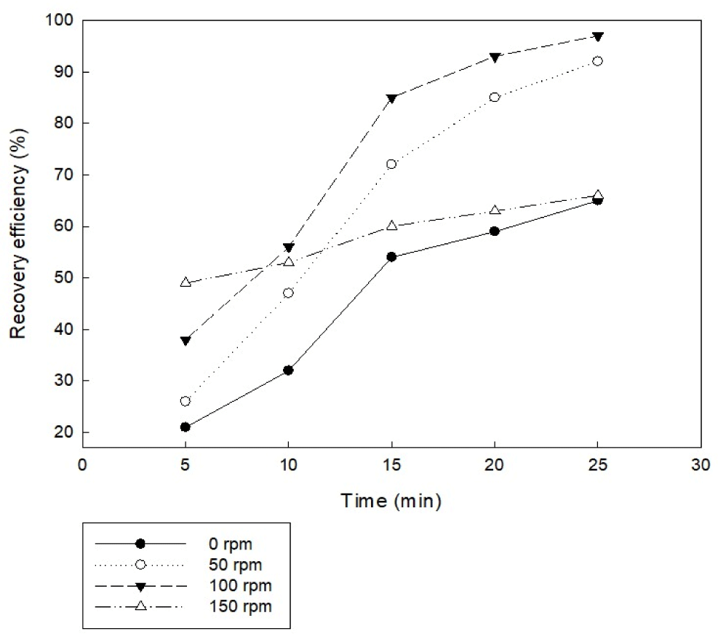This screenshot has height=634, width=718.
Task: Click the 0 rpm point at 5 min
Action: coord(186,427)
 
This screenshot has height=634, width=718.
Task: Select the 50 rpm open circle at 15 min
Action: coord(391,165)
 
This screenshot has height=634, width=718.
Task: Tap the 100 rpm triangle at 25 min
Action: coord(597,36)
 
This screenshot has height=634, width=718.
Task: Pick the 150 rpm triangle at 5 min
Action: coord(186,282)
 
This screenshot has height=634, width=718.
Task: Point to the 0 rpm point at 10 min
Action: coord(288,371)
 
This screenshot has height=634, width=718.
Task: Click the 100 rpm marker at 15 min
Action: coord(391,98)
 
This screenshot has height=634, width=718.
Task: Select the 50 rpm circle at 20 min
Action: coord(495,98)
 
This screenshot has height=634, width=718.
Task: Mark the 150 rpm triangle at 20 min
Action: coord(495,210)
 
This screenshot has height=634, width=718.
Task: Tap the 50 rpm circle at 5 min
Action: coord(186,401)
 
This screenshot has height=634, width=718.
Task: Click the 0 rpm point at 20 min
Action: coord(495,231)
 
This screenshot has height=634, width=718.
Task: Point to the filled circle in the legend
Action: coord(141,544)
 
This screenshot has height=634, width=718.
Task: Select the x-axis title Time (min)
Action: coord(391,501)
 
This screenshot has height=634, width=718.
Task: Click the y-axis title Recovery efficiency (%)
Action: coord(18,226)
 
